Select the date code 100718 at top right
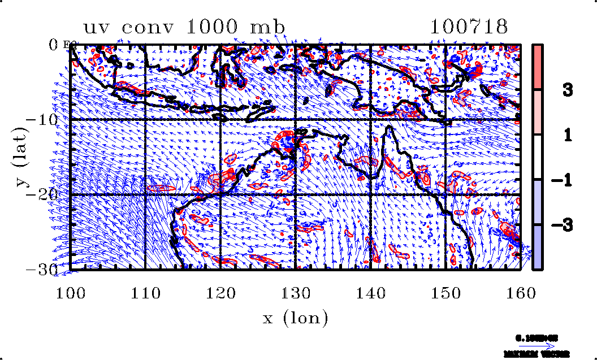469,27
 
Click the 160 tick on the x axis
521,293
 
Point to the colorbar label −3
563,225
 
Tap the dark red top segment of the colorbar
538,66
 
